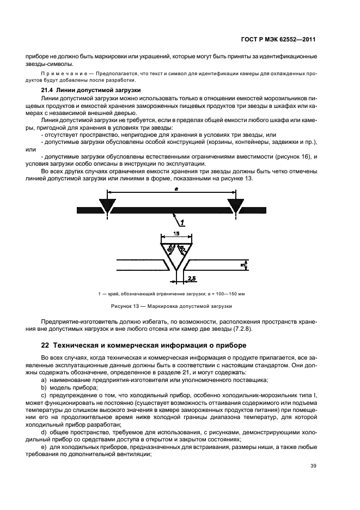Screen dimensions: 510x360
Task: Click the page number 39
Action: coord(313,466)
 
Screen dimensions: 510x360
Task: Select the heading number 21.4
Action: coord(48,89)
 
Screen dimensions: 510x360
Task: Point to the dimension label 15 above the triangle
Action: coord(176,233)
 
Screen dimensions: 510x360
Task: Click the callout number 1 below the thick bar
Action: coord(183,222)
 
